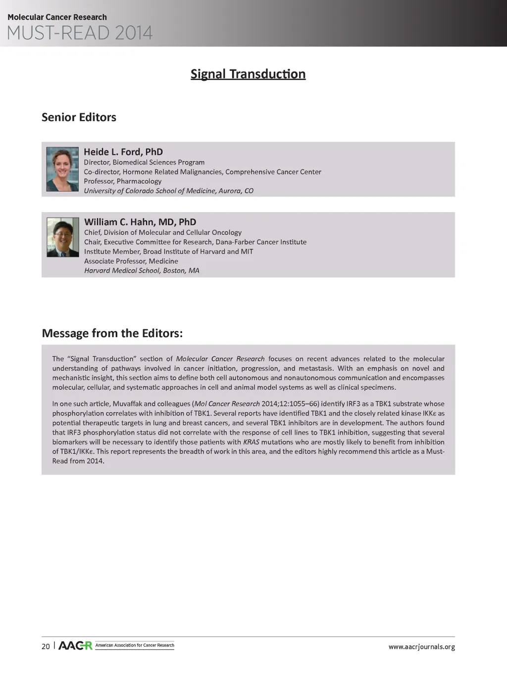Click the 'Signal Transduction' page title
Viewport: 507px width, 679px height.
[248, 74]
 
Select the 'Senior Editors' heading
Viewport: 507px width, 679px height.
[79, 117]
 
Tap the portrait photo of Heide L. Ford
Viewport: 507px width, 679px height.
[62, 169]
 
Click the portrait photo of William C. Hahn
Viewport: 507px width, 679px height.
[63, 237]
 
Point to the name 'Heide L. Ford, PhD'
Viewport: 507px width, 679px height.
[123, 152]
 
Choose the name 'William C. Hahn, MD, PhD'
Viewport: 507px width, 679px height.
[140, 222]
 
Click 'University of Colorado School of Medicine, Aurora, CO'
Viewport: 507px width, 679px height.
[168, 191]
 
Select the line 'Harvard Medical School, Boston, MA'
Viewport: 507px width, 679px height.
[142, 271]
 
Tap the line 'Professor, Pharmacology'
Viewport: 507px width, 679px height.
[123, 181]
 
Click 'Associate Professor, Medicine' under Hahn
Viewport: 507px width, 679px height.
[131, 261]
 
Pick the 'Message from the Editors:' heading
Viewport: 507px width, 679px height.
[112, 333]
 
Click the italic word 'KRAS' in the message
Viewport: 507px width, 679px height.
[251, 442]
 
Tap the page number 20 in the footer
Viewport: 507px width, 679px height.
[46, 646]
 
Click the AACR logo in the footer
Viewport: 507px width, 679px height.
[75, 646]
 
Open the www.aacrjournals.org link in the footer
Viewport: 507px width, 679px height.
[421, 647]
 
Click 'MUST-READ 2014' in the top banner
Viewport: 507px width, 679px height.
[80, 33]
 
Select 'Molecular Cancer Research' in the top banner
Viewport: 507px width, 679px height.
[57, 17]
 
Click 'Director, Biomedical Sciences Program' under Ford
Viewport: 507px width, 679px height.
[144, 163]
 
